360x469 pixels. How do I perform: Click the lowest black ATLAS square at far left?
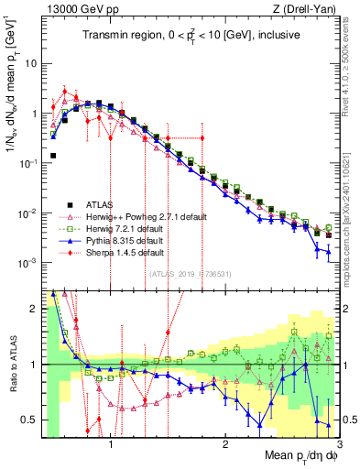coord(53,156)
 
